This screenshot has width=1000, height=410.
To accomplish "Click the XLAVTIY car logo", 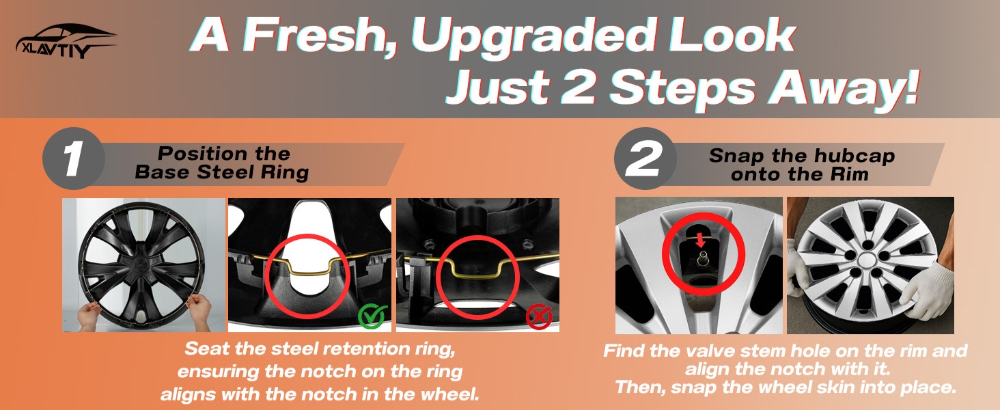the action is (66, 42).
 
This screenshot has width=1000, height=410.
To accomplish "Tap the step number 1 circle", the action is (74, 158).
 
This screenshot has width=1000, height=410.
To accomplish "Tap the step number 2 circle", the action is (645, 158).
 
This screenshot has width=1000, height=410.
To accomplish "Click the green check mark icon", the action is (372, 316).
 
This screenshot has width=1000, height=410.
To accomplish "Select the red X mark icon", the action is (539, 317).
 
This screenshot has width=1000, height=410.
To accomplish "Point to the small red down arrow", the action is (700, 240).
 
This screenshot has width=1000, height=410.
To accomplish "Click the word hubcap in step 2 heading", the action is (855, 156).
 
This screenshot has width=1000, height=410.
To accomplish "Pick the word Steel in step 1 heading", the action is (226, 172).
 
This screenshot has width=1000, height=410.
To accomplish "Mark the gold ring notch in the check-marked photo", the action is (307, 267).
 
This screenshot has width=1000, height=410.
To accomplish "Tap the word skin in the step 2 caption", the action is (842, 387).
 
